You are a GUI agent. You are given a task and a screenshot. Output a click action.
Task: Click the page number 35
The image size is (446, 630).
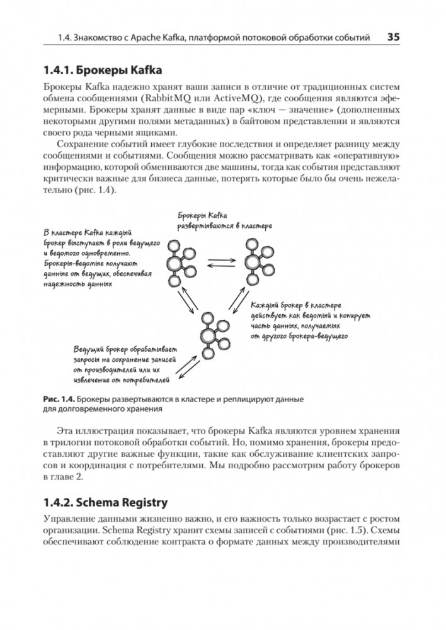pyautogui.click(x=392, y=37)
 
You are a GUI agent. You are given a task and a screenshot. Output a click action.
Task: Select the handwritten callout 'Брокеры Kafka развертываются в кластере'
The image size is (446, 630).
pyautogui.click(x=218, y=220)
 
